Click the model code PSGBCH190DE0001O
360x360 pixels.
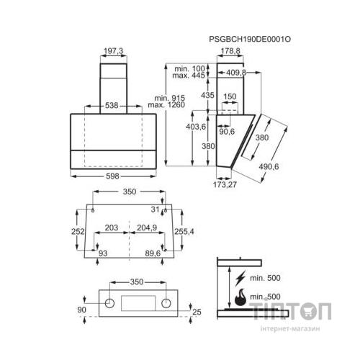[250, 39]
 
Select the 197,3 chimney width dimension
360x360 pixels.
[114, 51]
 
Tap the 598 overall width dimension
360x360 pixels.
[112, 176]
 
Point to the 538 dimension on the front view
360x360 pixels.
[112, 105]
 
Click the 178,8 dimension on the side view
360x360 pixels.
[230, 51]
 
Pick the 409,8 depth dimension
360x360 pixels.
[236, 73]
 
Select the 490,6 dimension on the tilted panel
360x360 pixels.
[269, 166]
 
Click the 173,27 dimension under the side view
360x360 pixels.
[225, 184]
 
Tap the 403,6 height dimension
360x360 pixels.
[196, 127]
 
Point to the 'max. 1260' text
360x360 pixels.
[166, 105]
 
